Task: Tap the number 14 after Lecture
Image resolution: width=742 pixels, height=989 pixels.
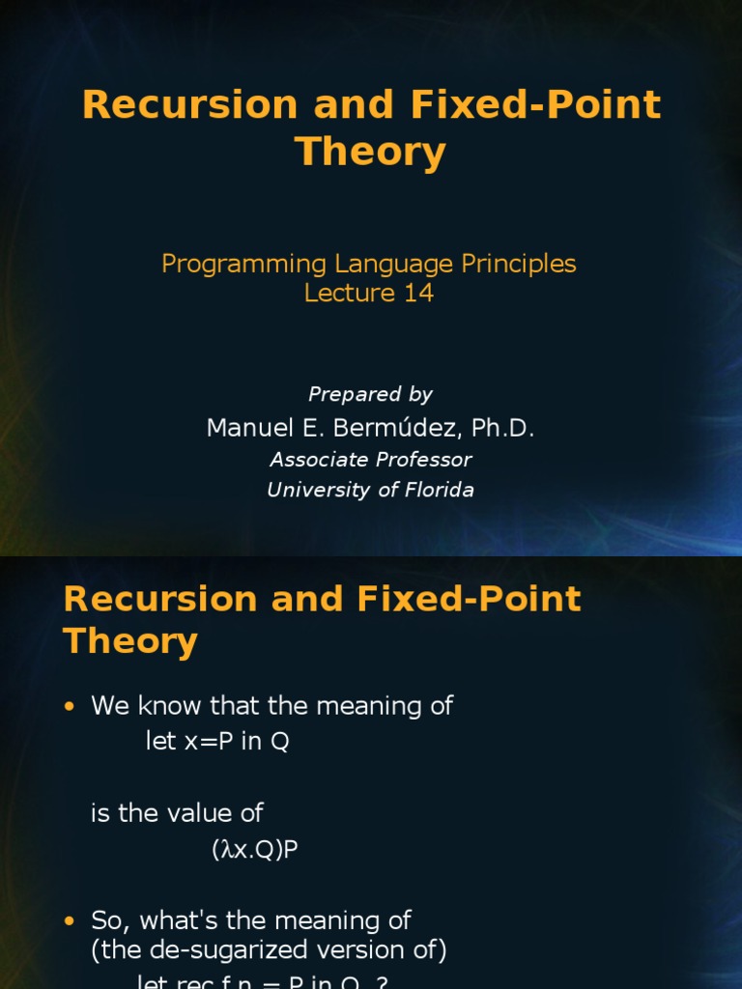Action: pyautogui.click(x=418, y=294)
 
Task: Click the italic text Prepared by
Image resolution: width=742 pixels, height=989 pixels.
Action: pyautogui.click(x=370, y=394)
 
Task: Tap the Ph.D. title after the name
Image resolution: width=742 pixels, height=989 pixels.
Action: pyautogui.click(x=502, y=428)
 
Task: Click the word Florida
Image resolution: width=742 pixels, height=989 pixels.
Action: pyautogui.click(x=438, y=490)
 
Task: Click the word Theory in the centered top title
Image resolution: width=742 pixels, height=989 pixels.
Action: pyautogui.click(x=370, y=153)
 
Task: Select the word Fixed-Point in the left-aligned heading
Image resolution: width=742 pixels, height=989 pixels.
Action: pyautogui.click(x=470, y=599)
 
